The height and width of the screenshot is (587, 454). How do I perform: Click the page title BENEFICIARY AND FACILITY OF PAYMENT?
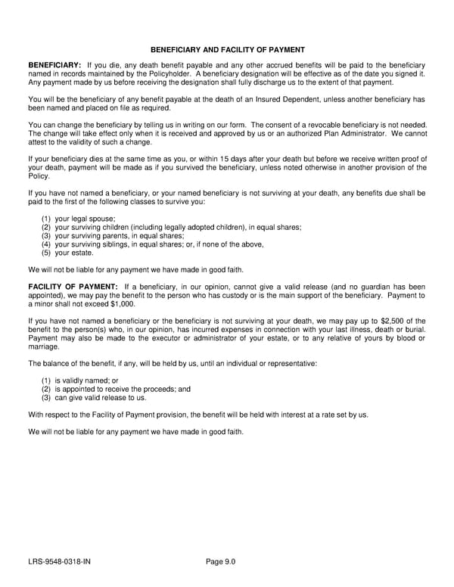point(227,49)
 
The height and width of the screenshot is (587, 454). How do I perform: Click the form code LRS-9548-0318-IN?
point(61,561)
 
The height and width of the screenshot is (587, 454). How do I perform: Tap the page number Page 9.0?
point(221,561)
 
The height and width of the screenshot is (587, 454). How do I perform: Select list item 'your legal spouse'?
point(79,218)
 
